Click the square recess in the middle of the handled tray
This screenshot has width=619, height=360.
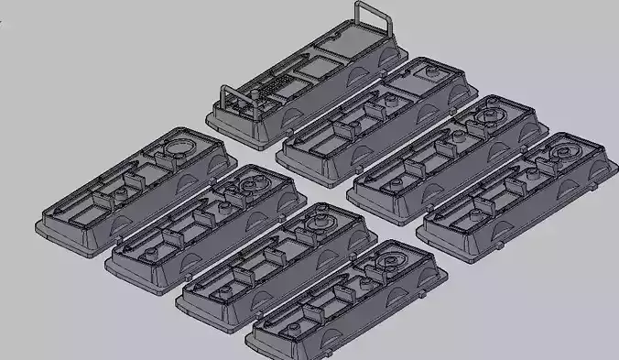(x=312, y=68)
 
